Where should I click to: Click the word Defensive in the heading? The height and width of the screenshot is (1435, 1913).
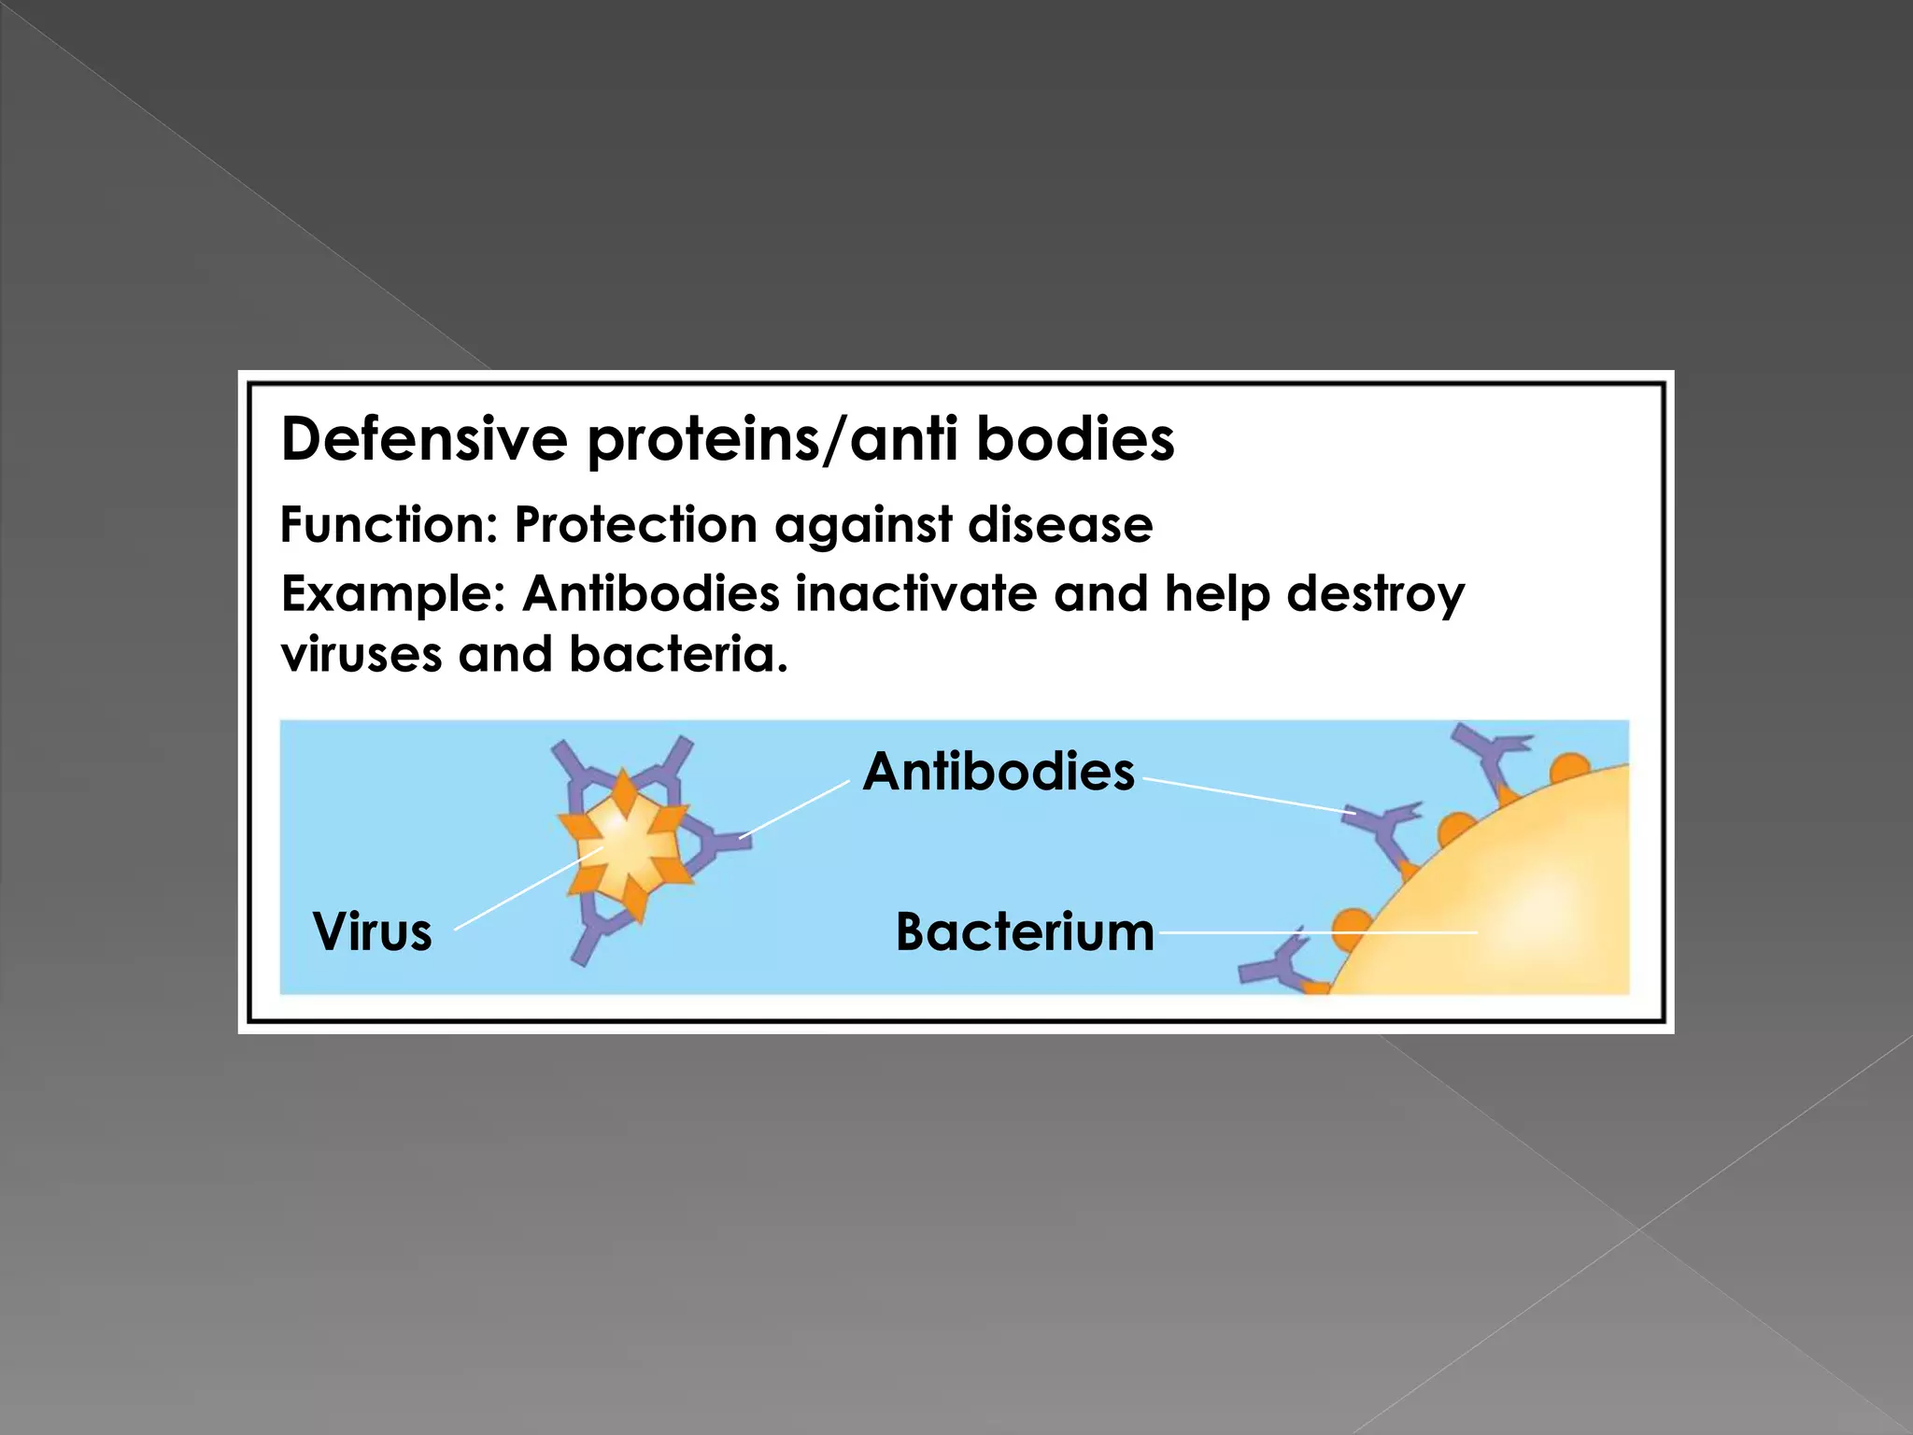[424, 439]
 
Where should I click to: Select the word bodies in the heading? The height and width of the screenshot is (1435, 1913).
[1075, 439]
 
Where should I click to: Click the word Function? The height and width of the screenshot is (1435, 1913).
[390, 525]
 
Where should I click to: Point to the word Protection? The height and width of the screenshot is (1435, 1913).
[636, 525]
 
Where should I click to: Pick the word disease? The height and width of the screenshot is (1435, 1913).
[1060, 525]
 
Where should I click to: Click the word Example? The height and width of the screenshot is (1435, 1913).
[393, 595]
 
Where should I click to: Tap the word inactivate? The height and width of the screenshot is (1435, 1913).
[915, 593]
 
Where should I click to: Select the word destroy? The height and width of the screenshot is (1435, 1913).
[1376, 595]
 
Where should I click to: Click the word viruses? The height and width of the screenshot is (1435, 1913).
[361, 654]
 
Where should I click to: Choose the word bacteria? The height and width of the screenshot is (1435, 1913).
[678, 654]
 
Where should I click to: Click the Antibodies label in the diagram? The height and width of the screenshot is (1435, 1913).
[999, 772]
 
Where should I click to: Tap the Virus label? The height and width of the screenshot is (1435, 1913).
[373, 931]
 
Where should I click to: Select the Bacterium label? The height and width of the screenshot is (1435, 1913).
[1025, 931]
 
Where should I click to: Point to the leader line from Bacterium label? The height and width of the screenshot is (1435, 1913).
[1317, 932]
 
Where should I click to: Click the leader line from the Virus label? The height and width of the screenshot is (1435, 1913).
[528, 889]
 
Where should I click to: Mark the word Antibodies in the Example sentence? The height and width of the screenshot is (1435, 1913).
[651, 593]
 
